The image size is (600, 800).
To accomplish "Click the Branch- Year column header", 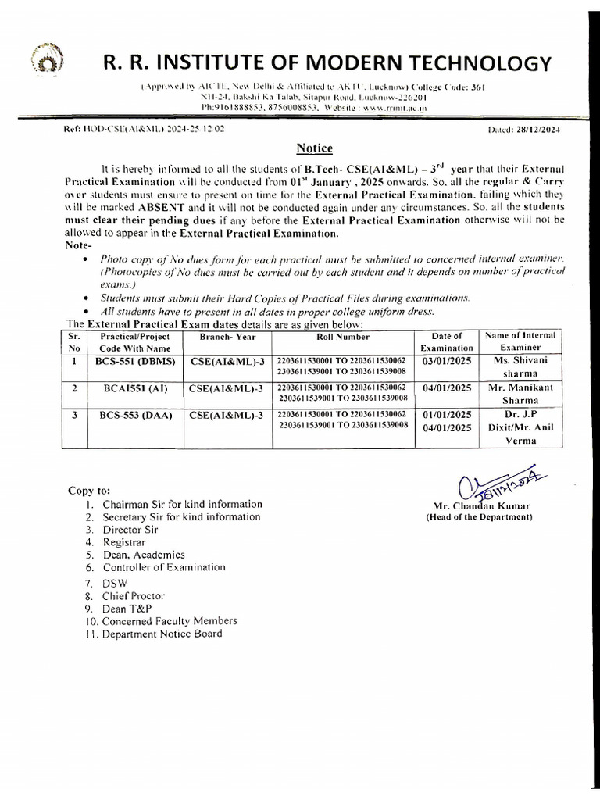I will pos(222,337).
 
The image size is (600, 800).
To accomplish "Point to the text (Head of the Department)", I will pos(478,517).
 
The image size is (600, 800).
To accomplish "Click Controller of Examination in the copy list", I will pos(164,567).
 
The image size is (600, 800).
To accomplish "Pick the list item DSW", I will pos(115,583).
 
